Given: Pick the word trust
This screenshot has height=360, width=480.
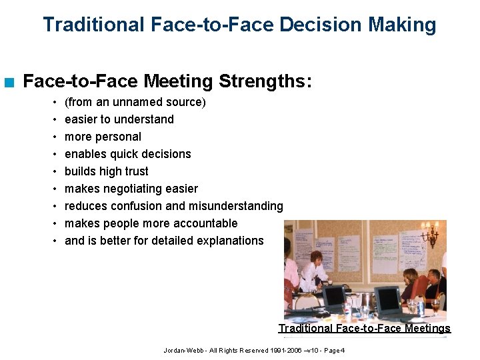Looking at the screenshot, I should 134,171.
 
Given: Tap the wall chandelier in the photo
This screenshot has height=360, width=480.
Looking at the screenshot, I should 431,234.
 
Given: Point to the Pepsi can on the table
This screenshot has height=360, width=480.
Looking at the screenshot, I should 421,309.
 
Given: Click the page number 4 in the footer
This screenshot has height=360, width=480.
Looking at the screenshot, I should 343,351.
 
